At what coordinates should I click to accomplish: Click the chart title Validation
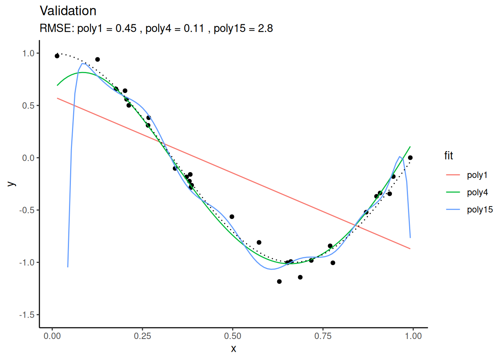click(x=68, y=11)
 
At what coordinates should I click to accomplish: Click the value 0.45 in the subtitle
click(x=126, y=28)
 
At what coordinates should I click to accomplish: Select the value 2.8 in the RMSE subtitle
click(x=265, y=28)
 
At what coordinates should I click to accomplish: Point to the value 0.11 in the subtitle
click(x=194, y=28)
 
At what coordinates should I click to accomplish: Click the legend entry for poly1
click(x=477, y=175)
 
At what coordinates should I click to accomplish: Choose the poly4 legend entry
click(x=477, y=192)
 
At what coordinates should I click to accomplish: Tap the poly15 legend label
click(x=480, y=210)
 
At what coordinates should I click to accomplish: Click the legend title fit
click(x=448, y=156)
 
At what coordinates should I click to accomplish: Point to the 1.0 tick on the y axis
click(x=28, y=53)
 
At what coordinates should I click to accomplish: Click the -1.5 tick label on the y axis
click(x=27, y=315)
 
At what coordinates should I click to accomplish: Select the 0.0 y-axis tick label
click(x=28, y=158)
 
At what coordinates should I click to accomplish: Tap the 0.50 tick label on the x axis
click(x=233, y=336)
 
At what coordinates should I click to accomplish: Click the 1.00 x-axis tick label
click(x=413, y=336)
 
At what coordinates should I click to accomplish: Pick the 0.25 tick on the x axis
click(x=142, y=336)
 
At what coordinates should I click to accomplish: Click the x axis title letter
click(x=234, y=349)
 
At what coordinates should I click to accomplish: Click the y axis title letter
click(x=12, y=184)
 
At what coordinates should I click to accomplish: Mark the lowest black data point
click(x=279, y=282)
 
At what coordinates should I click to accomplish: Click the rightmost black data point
click(x=410, y=158)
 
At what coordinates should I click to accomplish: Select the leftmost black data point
click(x=57, y=56)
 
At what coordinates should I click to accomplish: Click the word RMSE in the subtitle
click(x=56, y=28)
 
